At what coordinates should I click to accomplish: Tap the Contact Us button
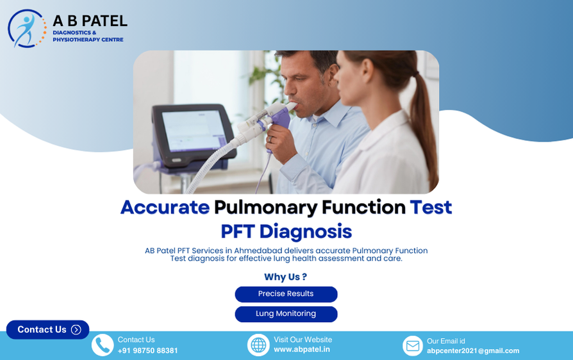pos(47,329)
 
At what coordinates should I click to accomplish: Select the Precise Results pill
pos(286,294)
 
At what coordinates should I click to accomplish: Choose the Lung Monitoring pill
pos(286,314)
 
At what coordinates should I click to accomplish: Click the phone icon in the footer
pos(103,345)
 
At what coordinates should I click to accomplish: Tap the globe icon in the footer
pos(258,345)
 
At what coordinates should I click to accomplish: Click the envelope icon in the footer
pos(413,346)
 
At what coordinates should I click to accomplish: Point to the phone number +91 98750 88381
pos(147,350)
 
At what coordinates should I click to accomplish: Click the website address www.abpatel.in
pos(302,350)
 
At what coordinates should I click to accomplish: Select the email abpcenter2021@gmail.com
pos(473,350)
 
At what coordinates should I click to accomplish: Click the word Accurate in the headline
pos(165,208)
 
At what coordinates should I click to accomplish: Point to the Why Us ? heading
pos(285,277)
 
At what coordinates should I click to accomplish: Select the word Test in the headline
pos(431,208)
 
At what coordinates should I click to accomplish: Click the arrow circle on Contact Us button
pos(76,329)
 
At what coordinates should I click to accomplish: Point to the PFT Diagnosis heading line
pos(286,231)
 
